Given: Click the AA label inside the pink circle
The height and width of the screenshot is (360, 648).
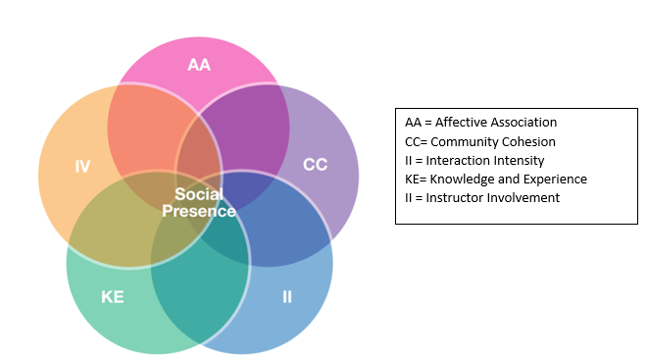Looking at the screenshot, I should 199,66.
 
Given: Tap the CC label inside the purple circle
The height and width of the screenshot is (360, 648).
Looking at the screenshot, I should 315,164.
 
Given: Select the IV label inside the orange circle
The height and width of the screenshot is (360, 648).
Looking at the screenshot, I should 83,167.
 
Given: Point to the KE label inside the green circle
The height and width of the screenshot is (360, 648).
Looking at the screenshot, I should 113,295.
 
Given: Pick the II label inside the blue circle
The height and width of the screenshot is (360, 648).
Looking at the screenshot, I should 287,295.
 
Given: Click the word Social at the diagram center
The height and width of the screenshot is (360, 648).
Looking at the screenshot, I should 199,194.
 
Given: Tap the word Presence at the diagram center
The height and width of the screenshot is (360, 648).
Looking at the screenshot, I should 199,211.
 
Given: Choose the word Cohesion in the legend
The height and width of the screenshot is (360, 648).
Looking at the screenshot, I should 526,141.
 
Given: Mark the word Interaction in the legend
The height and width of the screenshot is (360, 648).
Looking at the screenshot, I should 458,160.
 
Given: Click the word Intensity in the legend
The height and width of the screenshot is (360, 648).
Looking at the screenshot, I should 517,160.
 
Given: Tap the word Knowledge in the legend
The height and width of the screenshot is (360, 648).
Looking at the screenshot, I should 462,179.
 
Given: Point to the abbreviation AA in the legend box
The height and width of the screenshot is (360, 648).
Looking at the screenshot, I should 413,123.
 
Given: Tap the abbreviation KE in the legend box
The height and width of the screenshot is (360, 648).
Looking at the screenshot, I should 413,179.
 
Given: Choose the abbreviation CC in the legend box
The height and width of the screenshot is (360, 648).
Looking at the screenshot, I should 413,141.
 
